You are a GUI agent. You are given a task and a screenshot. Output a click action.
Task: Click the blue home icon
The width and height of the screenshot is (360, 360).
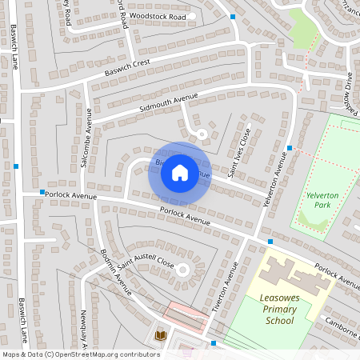(180, 172)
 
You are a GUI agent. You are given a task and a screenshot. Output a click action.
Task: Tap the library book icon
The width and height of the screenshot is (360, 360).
(161, 334)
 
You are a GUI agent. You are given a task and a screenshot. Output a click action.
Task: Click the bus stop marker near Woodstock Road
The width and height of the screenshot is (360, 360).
(233, 17)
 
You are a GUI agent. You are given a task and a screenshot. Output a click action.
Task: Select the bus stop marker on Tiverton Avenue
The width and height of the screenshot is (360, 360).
(214, 343)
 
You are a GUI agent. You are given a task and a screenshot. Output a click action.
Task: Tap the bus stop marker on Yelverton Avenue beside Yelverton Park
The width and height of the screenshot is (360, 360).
(290, 149)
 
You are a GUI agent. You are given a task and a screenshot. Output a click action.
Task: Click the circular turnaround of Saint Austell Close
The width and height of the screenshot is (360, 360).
(182, 270)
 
